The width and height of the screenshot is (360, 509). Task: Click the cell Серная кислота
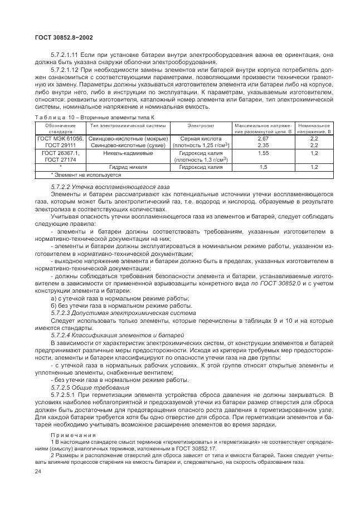click(x=201, y=138)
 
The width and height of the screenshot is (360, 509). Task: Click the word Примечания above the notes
click(x=73, y=434)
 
